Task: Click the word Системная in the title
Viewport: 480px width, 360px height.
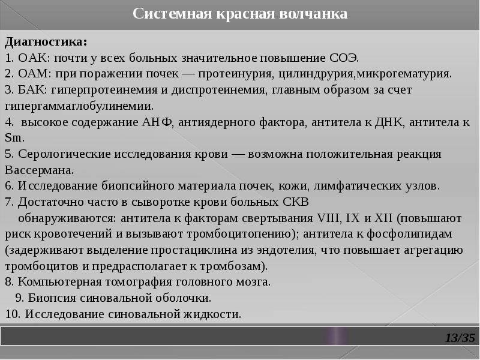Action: click(172, 14)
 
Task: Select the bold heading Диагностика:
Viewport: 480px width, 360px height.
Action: click(46, 42)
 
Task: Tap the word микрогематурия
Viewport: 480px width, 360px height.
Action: click(404, 74)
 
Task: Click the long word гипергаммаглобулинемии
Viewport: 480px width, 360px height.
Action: click(79, 107)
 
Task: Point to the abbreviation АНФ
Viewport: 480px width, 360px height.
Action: click(157, 122)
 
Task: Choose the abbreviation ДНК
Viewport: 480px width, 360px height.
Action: click(389, 122)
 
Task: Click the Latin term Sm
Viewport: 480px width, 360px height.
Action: click(14, 138)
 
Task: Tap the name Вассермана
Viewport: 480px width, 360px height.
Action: click(39, 170)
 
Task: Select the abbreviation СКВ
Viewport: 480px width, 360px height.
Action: click(296, 202)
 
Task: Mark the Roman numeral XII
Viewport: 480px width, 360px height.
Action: click(383, 218)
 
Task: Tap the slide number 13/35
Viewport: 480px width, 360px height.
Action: click(460, 338)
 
